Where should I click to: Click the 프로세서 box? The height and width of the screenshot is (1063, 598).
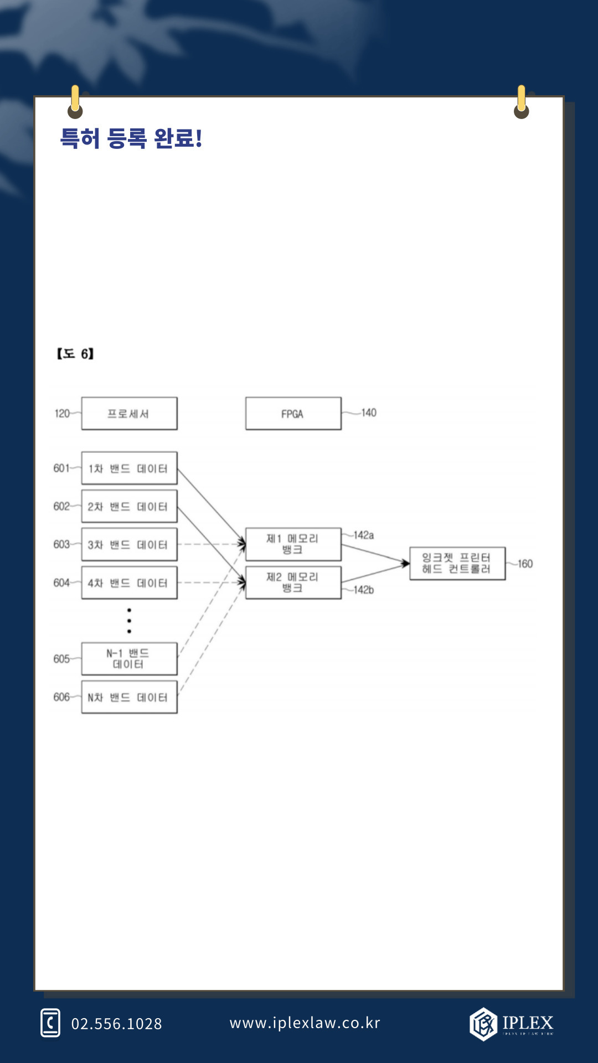pos(129,414)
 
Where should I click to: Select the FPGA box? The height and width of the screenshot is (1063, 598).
pos(293,414)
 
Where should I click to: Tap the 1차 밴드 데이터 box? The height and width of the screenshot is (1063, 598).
pos(129,468)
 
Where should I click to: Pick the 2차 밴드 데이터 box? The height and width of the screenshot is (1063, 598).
pos(129,507)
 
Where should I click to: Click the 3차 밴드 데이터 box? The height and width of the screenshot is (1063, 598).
pos(129,545)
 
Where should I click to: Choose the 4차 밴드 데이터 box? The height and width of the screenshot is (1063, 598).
pos(129,583)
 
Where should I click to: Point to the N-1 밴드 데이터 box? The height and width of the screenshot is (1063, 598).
pos(129,659)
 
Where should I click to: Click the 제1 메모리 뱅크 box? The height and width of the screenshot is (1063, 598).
pos(293,544)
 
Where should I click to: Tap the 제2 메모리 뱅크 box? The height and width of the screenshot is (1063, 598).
pos(293,582)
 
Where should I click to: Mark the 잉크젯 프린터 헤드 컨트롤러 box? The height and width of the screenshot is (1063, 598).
pos(457,564)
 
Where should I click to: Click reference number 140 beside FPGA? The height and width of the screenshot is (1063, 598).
pos(369,412)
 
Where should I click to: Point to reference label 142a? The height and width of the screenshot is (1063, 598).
pos(364,535)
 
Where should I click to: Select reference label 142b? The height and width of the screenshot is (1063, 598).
pos(364,590)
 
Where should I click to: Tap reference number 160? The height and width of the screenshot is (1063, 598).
pos(525,564)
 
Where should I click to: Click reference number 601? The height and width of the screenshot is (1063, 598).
pos(61,468)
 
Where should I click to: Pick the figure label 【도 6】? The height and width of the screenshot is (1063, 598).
pos(75,354)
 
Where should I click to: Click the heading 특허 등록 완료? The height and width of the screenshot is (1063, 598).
pos(131,138)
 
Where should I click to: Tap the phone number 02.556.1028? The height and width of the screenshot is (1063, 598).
pos(116,1024)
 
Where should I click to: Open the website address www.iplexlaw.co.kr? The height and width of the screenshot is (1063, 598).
pos(305,1023)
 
